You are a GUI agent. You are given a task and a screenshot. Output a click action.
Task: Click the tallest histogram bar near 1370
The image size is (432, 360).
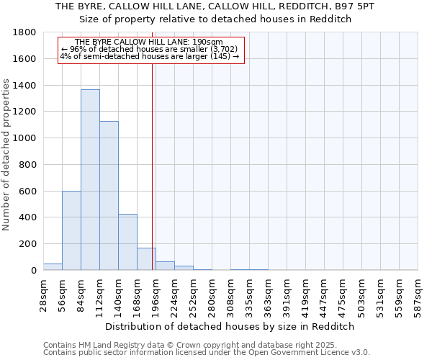pyautogui.click(x=90, y=180)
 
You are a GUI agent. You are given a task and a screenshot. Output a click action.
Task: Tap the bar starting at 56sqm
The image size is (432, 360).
pyautogui.click(x=71, y=230)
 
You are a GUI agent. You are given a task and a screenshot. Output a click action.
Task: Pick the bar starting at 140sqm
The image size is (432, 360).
pyautogui.click(x=127, y=242)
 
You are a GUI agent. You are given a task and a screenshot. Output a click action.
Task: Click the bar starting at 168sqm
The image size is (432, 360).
pyautogui.click(x=146, y=259)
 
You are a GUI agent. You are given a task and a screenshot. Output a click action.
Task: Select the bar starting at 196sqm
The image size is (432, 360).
pyautogui.click(x=165, y=266)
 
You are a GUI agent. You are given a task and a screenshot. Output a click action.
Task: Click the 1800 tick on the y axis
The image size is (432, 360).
pyautogui.click(x=25, y=32)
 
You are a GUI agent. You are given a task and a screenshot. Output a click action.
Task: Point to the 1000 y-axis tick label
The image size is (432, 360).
pyautogui.click(x=25, y=138)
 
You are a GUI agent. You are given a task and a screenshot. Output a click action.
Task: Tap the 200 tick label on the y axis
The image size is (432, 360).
pyautogui.click(x=28, y=244)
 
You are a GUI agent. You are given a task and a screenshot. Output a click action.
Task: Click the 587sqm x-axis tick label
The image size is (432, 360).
pyautogui.click(x=418, y=294)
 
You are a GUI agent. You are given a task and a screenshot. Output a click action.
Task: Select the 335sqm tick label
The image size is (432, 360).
pyautogui.click(x=249, y=294)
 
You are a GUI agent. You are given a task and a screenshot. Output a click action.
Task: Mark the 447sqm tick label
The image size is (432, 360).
pyautogui.click(x=324, y=294)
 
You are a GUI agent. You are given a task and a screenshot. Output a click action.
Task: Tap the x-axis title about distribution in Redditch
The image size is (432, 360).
pyautogui.click(x=230, y=326)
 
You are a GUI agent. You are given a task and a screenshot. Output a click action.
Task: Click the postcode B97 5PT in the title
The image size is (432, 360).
pyautogui.click(x=364, y=6)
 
